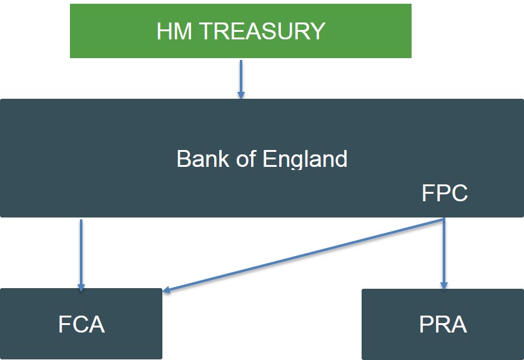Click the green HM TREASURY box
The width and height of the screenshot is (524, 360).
240,31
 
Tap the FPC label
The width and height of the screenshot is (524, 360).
444,194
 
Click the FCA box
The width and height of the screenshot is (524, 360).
81,324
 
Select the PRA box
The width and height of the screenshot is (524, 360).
443,324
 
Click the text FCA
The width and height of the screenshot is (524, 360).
81,325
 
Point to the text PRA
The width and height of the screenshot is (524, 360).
443,325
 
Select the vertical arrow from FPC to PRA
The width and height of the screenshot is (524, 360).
444,250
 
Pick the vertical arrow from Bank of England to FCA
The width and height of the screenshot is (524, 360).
81,250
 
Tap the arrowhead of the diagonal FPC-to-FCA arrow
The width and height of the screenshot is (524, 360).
167,289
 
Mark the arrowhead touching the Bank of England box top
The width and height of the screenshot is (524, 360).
240,94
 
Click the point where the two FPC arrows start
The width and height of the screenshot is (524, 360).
444,219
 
